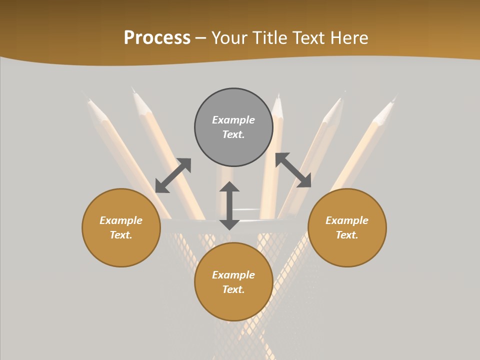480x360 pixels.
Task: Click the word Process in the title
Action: click(x=157, y=38)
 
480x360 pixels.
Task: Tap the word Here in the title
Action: click(x=349, y=38)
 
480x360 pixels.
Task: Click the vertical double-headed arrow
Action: click(x=229, y=205)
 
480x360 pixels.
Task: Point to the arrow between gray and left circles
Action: click(x=173, y=175)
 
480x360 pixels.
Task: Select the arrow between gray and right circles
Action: click(x=293, y=170)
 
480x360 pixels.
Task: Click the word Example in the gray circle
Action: click(x=233, y=120)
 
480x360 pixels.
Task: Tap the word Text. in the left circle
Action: click(x=121, y=235)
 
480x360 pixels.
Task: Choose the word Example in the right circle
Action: click(x=347, y=220)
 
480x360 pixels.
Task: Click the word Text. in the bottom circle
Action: click(x=233, y=289)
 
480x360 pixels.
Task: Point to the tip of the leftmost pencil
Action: click(x=89, y=100)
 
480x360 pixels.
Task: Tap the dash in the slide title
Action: click(x=201, y=38)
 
